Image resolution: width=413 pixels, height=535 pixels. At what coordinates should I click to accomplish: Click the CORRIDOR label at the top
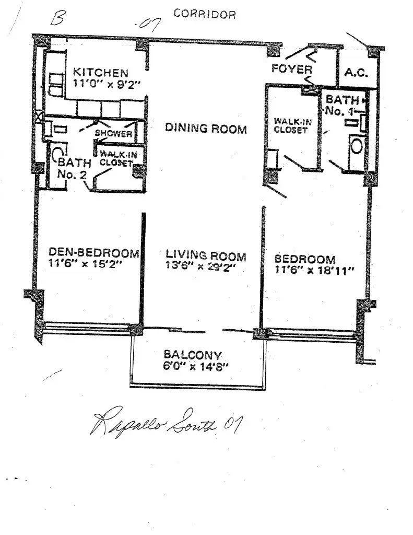(204, 14)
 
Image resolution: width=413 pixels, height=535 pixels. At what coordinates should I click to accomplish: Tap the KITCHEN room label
(101, 73)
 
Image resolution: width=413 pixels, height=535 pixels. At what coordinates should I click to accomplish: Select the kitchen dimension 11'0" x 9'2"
(107, 84)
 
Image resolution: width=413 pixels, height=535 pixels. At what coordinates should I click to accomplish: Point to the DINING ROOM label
(206, 128)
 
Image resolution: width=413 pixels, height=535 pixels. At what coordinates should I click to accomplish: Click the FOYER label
(291, 69)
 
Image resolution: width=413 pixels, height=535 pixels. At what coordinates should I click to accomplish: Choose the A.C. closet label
(356, 73)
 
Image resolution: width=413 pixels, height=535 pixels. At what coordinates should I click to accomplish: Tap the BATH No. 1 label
(341, 105)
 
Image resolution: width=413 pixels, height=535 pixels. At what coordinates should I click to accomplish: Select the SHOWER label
(113, 133)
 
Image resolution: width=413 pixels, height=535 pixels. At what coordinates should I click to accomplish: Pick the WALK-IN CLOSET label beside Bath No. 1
(292, 125)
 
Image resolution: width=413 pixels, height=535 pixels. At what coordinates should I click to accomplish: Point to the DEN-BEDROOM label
(94, 253)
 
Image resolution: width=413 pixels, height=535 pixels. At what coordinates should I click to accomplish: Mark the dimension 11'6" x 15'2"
(85, 264)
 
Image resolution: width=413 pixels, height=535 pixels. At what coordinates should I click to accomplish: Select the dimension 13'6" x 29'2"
(201, 266)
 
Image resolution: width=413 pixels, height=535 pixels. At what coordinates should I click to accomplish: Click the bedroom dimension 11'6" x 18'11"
(314, 270)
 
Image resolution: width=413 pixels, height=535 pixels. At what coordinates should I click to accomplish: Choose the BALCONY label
(192, 355)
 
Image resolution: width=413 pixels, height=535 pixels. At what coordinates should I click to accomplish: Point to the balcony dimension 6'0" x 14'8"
(195, 367)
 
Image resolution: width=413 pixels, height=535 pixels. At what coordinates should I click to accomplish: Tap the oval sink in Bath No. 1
(357, 146)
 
